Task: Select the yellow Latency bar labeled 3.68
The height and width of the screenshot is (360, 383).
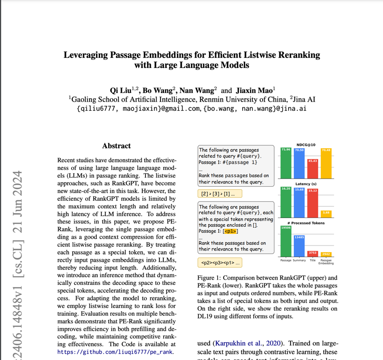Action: click(326, 213)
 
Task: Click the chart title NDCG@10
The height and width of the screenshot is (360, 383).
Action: click(306, 144)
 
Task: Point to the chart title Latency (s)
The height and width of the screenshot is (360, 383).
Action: click(306, 184)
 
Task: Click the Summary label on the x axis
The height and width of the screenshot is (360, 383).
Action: click(299, 260)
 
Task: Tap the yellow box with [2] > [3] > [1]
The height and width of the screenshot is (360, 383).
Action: click(220, 193)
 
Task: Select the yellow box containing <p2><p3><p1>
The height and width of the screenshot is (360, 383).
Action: click(220, 263)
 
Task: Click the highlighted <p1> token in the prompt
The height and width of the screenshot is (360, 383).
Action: click(230, 231)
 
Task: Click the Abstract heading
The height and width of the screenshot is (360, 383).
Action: click(116, 145)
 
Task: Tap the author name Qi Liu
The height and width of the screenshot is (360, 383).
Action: click(120, 90)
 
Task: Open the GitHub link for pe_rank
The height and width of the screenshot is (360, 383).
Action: click(115, 352)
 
